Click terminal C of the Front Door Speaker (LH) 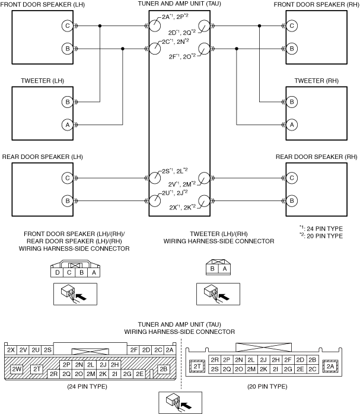pyautogui.click(x=68, y=26)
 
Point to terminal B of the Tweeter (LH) pyautogui.click(x=68, y=102)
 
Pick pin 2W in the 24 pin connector pyautogui.click(x=17, y=370)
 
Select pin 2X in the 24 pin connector pyautogui.click(x=11, y=350)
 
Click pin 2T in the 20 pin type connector pyautogui.click(x=197, y=368)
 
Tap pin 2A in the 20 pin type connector pyautogui.click(x=330, y=367)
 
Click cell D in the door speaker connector pyautogui.click(x=56, y=273)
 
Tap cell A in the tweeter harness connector pyautogui.click(x=224, y=268)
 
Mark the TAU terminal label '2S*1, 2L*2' pyautogui.click(x=175, y=171)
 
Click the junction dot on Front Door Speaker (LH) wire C pyautogui.click(x=100, y=26)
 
